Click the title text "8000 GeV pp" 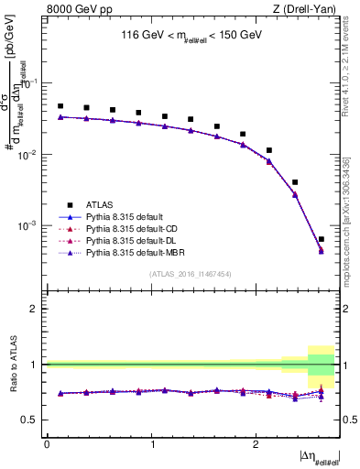tap(74, 9)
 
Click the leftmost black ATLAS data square tap(60, 106)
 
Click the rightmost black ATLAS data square tap(321, 239)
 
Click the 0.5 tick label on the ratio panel tap(33, 420)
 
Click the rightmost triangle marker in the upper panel tap(321, 250)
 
